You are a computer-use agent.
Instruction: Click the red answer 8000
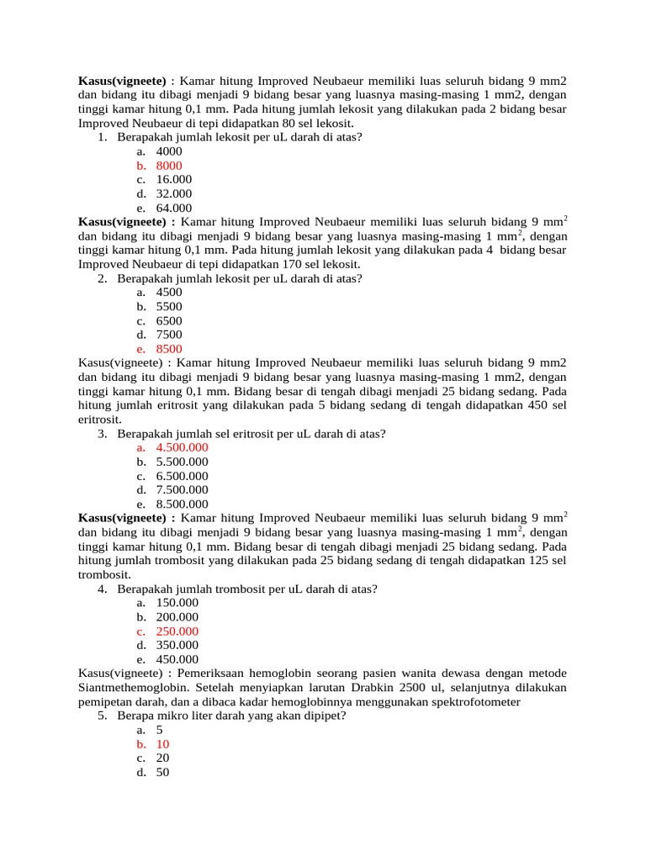[x=168, y=166]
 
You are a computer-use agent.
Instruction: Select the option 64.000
[x=173, y=208]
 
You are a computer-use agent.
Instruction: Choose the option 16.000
[x=173, y=180]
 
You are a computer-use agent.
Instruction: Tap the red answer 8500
[x=168, y=349]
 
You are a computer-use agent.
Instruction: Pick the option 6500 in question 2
[x=168, y=320]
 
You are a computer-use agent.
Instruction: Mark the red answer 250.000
[x=177, y=631]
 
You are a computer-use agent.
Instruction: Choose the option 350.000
[x=177, y=645]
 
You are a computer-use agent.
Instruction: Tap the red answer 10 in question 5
[x=162, y=744]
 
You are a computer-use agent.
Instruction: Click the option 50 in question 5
[x=162, y=772]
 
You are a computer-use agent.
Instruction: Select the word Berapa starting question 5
[x=135, y=716]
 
